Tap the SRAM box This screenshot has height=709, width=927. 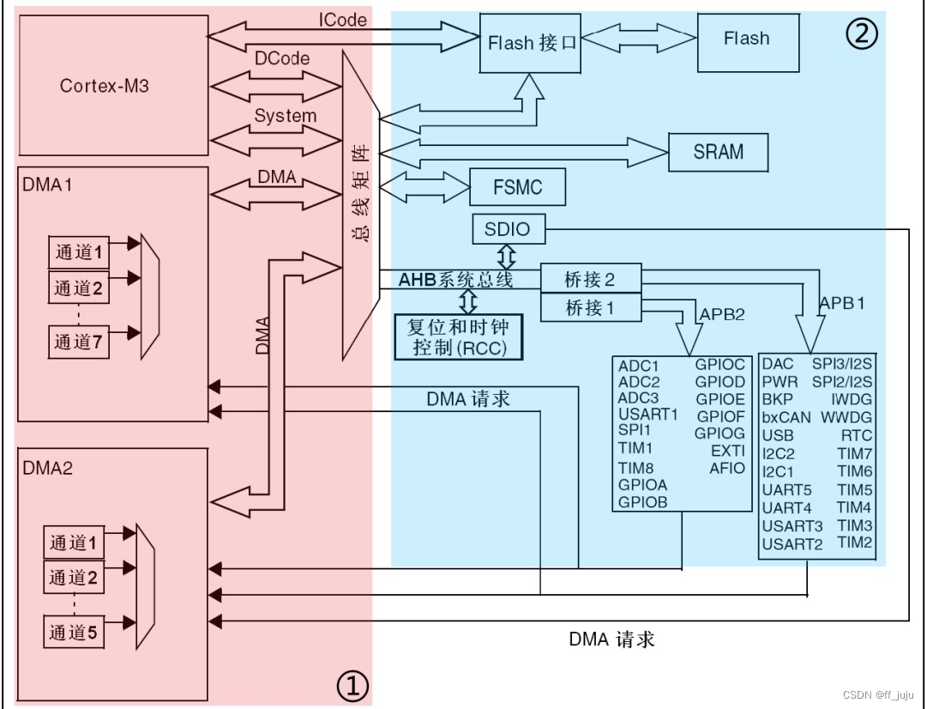[x=719, y=152]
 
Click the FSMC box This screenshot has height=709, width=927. [x=518, y=186]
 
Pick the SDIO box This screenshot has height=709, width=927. [x=507, y=229]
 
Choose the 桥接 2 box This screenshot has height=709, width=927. [x=590, y=280]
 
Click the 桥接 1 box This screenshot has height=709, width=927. [x=590, y=307]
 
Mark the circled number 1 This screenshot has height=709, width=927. [x=352, y=685]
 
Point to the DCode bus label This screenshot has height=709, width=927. [x=282, y=58]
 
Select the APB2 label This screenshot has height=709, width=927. [x=723, y=314]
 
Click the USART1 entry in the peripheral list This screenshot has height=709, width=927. [x=647, y=414]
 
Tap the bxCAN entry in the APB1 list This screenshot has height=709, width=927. [x=786, y=417]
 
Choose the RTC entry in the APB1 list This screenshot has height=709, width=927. [x=856, y=435]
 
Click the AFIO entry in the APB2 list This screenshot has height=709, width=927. [x=727, y=468]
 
